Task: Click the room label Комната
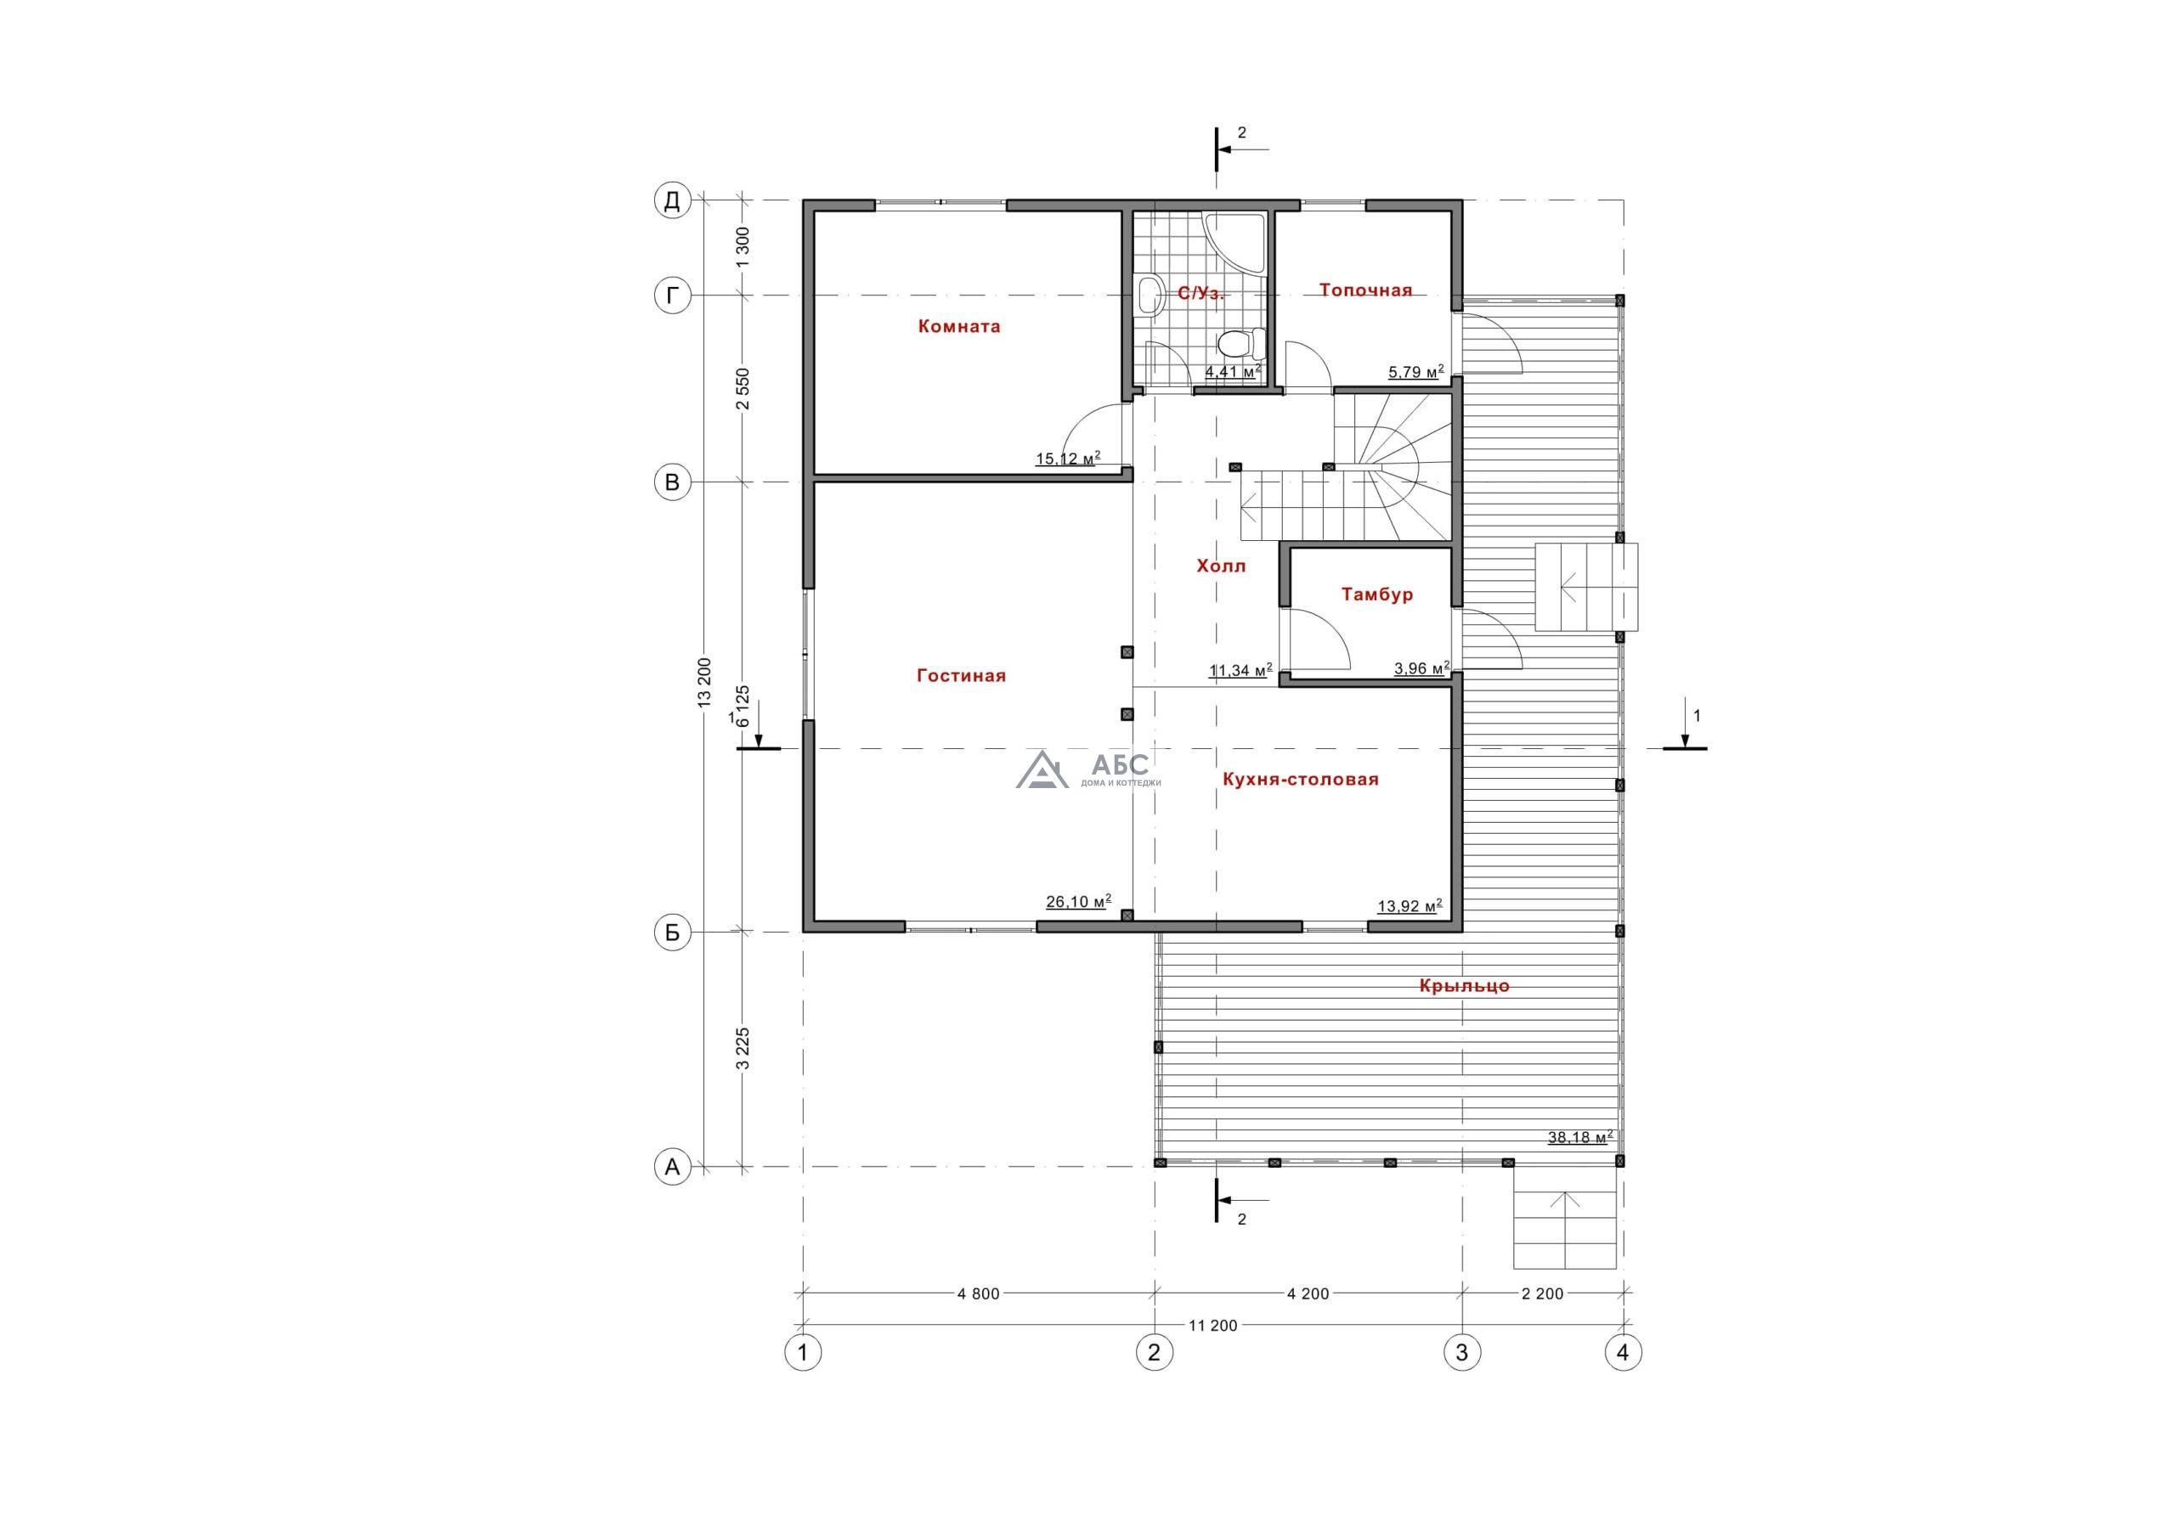tap(958, 327)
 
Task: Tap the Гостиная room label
tap(961, 676)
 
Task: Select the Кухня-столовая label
tap(1300, 780)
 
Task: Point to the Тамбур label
tap(1376, 594)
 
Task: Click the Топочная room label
tap(1365, 290)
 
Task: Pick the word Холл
tap(1221, 566)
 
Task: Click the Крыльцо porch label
tap(1464, 986)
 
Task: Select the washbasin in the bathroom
tap(1149, 295)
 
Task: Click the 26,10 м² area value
tap(1078, 902)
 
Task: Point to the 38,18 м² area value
tap(1580, 1137)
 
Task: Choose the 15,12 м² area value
tap(1068, 459)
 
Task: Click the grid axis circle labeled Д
tap(673, 200)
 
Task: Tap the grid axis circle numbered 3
tap(1461, 1352)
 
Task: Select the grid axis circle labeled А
tap(673, 1168)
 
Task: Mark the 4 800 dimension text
tap(979, 1293)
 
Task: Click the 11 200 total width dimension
tap(1212, 1326)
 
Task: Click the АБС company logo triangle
tap(1042, 771)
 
